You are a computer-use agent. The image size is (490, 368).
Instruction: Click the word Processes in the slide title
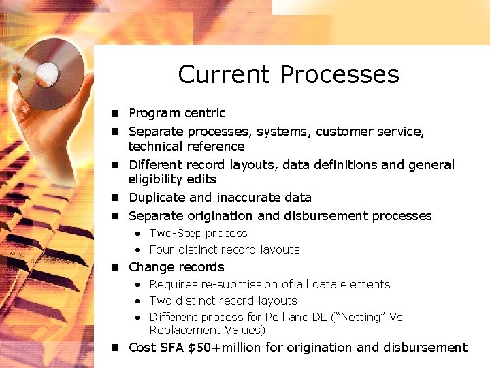click(x=340, y=74)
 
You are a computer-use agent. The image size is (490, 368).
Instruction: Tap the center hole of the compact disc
click(x=47, y=72)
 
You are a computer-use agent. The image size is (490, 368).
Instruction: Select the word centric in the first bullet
click(x=203, y=113)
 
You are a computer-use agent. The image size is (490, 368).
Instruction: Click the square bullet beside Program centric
click(x=116, y=113)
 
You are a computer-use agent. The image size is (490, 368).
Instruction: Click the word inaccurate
click(x=248, y=198)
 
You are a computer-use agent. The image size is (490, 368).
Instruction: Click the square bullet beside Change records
click(x=116, y=267)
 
